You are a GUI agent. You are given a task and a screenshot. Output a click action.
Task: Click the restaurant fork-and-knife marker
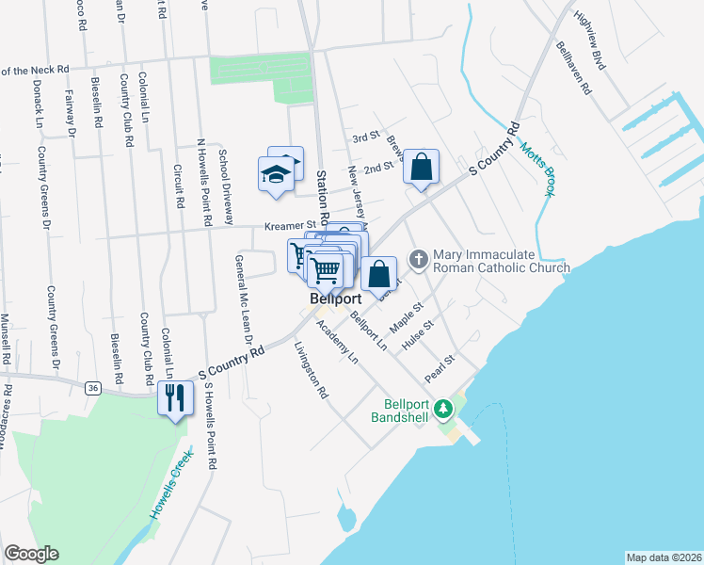coord(174,397)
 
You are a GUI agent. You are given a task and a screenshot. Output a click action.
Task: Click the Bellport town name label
coord(336,300)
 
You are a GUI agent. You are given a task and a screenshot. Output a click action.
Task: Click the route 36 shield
coord(91,387)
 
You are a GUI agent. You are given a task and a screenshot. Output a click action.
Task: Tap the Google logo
coord(31,554)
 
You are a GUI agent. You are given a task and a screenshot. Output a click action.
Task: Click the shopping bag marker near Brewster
coord(422,167)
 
